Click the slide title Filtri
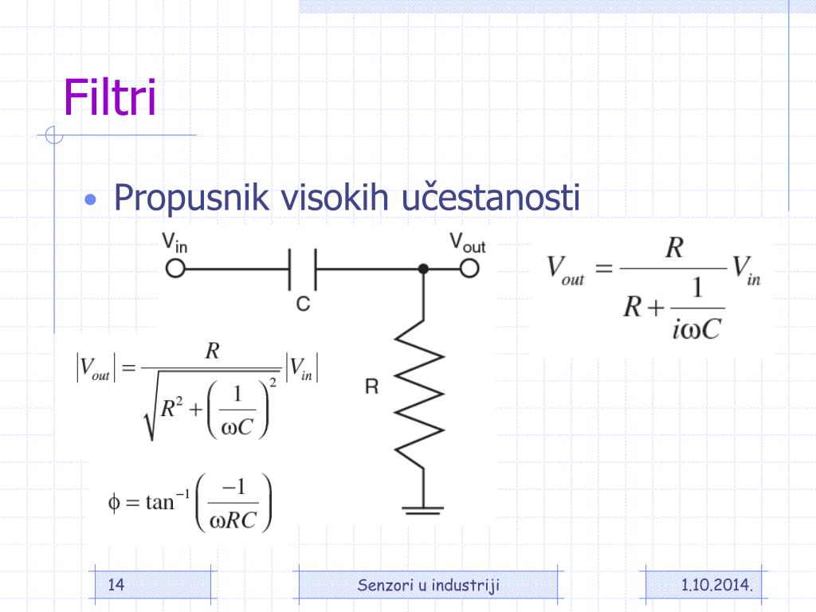coord(110,98)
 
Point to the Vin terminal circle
coord(175,269)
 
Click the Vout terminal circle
coord(469,269)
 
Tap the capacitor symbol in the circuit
coord(303,269)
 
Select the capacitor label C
coord(303,304)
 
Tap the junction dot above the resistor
coord(423,269)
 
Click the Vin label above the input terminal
coord(175,241)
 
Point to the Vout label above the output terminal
coord(467,241)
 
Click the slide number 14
coord(116,586)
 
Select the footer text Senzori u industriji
coord(429,586)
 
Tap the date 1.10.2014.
coord(717,586)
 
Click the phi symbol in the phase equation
coord(113,503)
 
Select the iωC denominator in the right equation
coord(696,328)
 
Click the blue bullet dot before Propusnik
coord(92,199)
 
